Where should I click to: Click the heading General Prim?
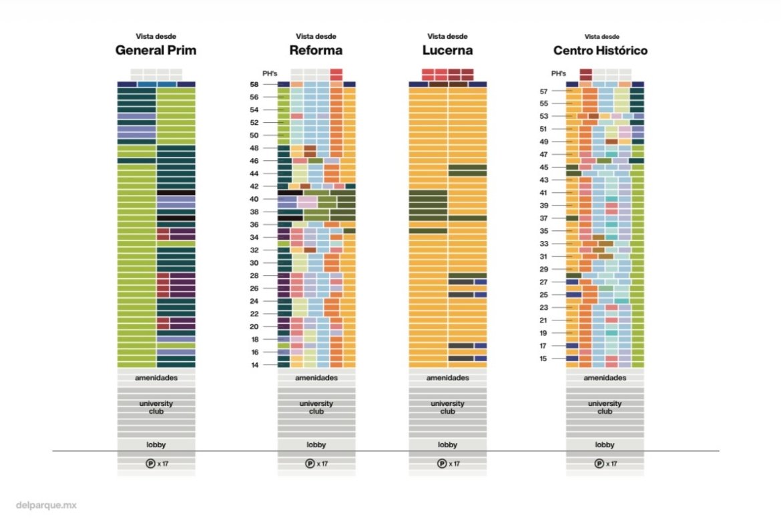(156, 51)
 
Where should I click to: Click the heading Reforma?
(316, 51)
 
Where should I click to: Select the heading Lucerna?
(447, 51)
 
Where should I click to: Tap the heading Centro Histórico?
(600, 51)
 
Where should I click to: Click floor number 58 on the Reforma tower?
(254, 85)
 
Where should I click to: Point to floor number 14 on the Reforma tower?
(254, 365)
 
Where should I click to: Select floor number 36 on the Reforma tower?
(254, 225)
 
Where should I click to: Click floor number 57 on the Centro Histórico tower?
(543, 91)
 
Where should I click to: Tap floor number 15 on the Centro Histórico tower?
(543, 359)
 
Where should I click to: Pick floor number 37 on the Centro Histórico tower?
(543, 218)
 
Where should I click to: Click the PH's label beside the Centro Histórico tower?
(558, 73)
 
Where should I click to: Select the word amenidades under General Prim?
(156, 378)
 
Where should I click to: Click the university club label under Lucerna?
(447, 407)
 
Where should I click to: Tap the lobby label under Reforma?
(316, 445)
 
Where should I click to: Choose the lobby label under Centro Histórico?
(605, 445)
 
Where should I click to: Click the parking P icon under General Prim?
(150, 463)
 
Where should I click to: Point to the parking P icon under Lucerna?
(442, 463)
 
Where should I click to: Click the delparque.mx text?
(46, 505)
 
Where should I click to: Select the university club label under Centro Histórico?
(605, 407)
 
